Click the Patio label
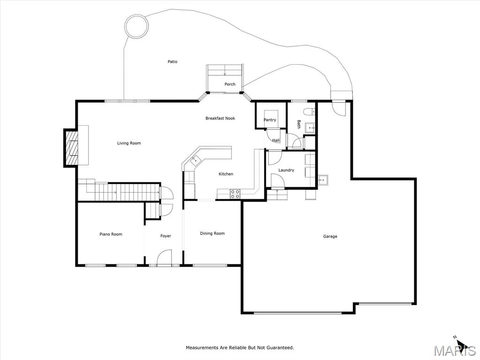pyautogui.click(x=172, y=61)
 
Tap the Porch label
pyautogui.click(x=230, y=84)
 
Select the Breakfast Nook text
pyautogui.click(x=220, y=118)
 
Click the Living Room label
pyautogui.click(x=129, y=143)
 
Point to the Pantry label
pyautogui.click(x=270, y=120)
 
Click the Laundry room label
pyautogui.click(x=286, y=170)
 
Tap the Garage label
pyautogui.click(x=330, y=236)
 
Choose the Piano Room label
pyautogui.click(x=111, y=234)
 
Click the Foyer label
pyautogui.click(x=165, y=236)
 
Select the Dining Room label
pyautogui.click(x=212, y=233)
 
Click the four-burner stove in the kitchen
pyautogui.click(x=235, y=194)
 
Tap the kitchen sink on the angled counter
pyautogui.click(x=195, y=159)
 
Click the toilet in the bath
pyautogui.click(x=309, y=112)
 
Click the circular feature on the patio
pyautogui.click(x=137, y=27)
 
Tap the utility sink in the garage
pyautogui.click(x=322, y=180)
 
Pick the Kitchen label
pyautogui.click(x=226, y=174)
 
